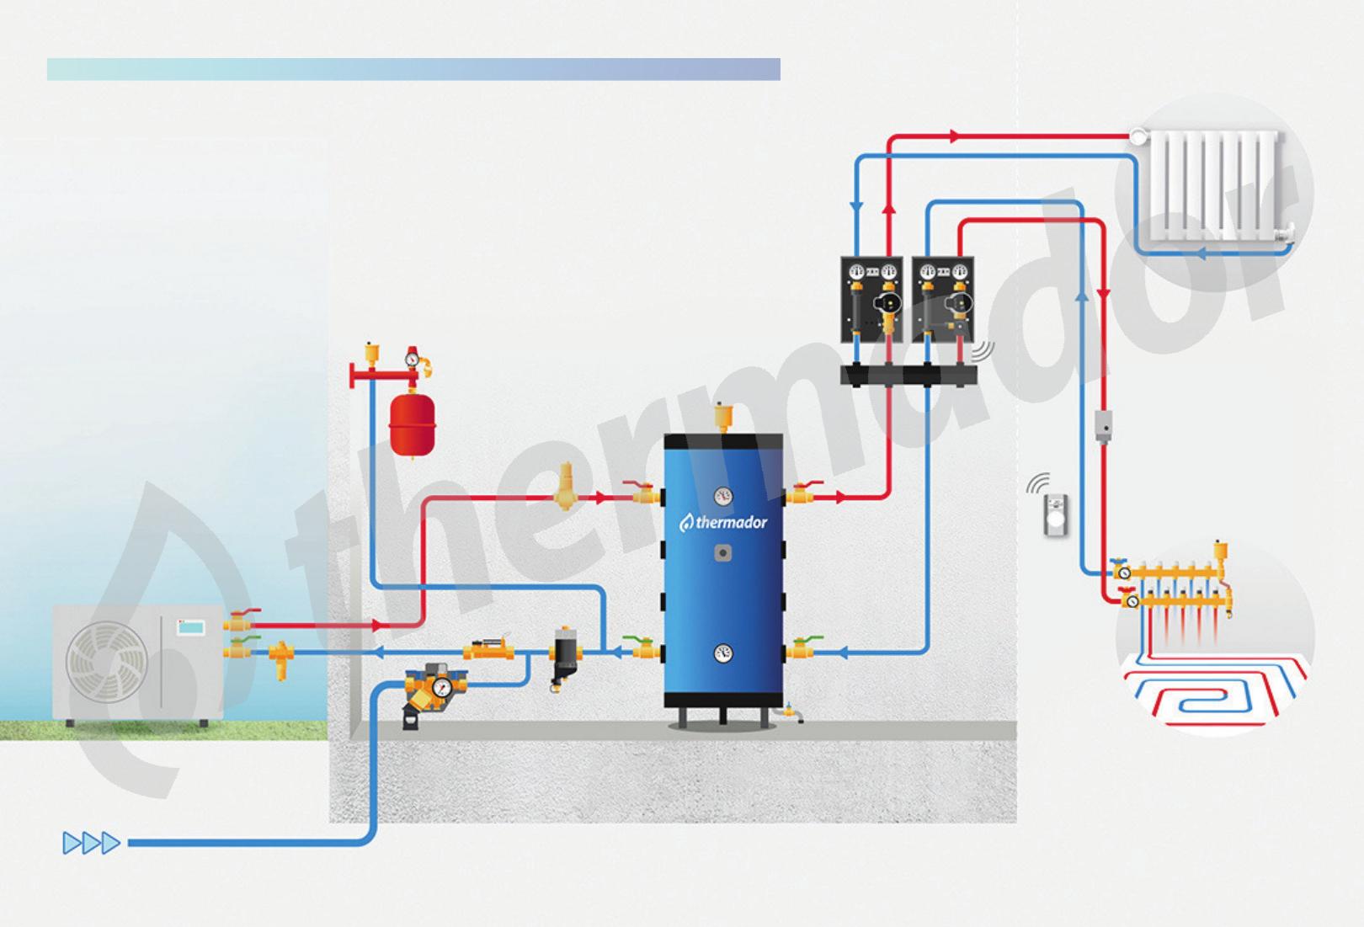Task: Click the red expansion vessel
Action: [411, 424]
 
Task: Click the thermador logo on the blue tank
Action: [723, 523]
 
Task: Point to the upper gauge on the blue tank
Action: [723, 496]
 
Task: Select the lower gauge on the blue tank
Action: [723, 653]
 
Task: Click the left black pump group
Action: [871, 300]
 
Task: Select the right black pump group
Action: [943, 300]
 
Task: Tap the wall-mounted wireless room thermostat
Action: [1053, 514]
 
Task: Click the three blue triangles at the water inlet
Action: [91, 842]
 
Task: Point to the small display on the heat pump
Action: [191, 627]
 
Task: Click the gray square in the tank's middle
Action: [722, 553]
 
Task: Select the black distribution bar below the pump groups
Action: [908, 374]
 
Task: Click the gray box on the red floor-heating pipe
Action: [1104, 426]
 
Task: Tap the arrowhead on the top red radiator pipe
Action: [954, 136]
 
